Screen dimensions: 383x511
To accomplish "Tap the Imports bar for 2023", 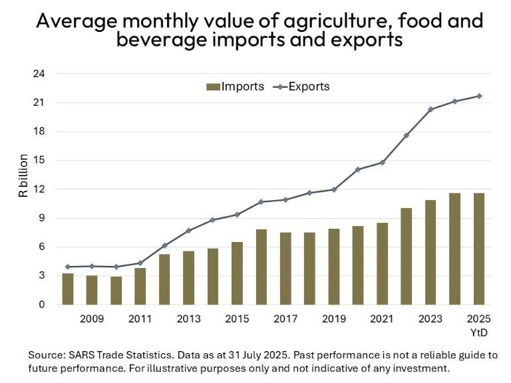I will pyautogui.click(x=430, y=253).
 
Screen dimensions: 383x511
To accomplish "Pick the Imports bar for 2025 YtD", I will pyautogui.click(x=479, y=249).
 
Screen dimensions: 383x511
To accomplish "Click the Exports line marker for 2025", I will pyautogui.click(x=479, y=96).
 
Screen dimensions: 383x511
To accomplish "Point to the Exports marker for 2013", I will pyautogui.click(x=188, y=231).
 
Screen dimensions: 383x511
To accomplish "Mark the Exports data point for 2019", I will pyautogui.click(x=334, y=190).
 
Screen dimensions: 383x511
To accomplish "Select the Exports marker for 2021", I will pyautogui.click(x=382, y=162).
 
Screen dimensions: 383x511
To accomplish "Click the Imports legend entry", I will pyautogui.click(x=235, y=86).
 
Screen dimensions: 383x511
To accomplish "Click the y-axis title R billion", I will pyautogui.click(x=23, y=176).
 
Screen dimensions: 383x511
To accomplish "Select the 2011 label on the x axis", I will pyautogui.click(x=140, y=319).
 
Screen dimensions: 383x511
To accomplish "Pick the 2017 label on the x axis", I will pyautogui.click(x=285, y=319).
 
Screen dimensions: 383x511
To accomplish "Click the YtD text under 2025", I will pyautogui.click(x=479, y=332).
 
